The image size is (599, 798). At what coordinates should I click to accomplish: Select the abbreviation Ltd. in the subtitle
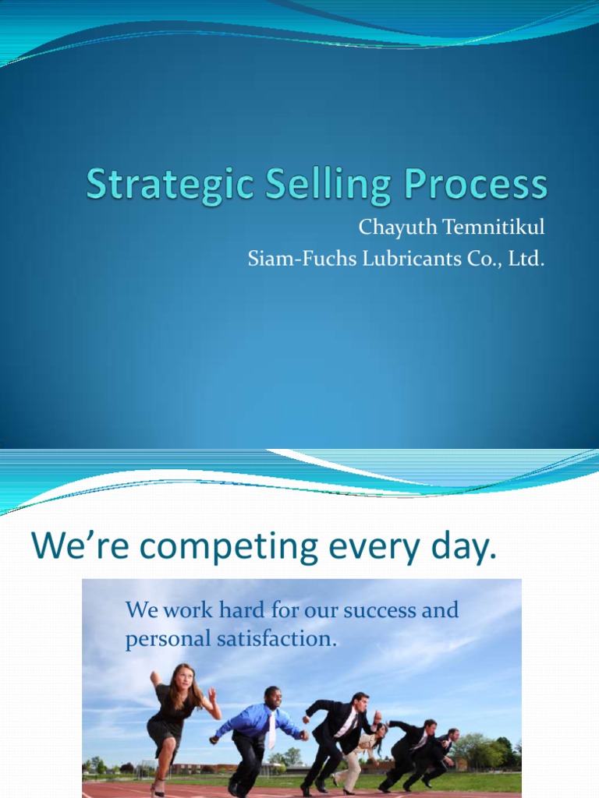click(526, 259)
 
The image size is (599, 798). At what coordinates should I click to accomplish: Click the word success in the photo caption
click(380, 610)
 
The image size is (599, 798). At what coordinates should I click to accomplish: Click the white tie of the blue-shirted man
click(271, 729)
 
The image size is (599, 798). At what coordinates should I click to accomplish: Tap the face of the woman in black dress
click(183, 677)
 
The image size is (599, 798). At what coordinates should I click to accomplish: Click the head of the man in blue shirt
click(272, 696)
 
